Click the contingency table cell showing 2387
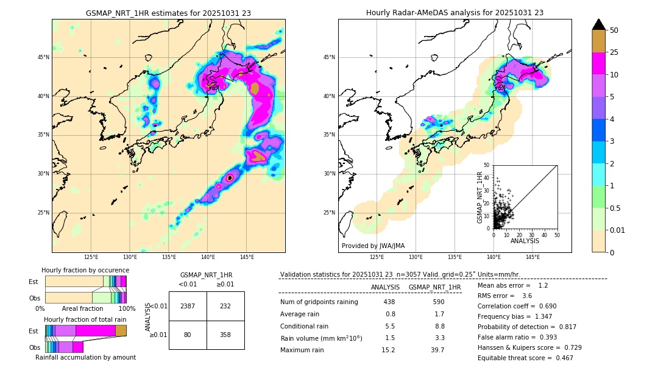tap(188, 306)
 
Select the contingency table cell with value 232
tap(225, 306)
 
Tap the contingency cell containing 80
tap(188, 335)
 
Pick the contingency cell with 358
tap(225, 335)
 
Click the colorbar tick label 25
tap(614, 53)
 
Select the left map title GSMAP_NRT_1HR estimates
tap(168, 13)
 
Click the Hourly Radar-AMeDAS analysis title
tap(455, 13)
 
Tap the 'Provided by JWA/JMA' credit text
tap(373, 246)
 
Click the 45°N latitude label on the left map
tap(43, 57)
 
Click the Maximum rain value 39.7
tap(437, 350)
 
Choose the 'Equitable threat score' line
tap(525, 358)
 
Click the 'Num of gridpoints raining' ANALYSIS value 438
tap(389, 302)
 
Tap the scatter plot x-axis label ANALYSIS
tap(524, 241)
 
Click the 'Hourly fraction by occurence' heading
tap(85, 270)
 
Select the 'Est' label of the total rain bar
tap(34, 331)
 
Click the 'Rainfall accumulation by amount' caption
tap(85, 357)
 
